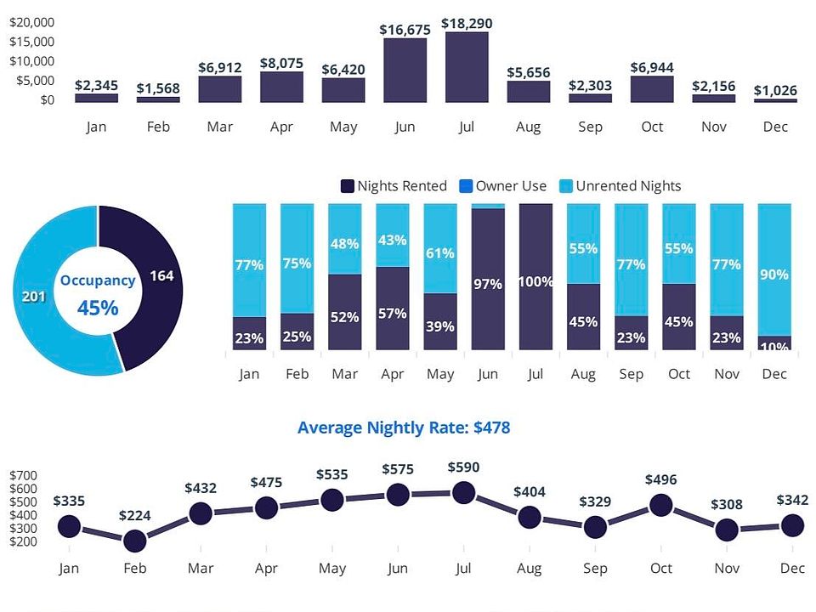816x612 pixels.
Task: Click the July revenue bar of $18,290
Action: point(467,67)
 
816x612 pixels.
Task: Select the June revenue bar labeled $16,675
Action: point(405,71)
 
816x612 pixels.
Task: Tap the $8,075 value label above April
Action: point(281,64)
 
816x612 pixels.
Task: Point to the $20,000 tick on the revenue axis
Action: point(31,22)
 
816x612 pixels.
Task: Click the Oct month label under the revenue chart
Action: point(652,127)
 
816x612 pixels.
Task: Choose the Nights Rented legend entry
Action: point(394,186)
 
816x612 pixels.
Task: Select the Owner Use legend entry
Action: point(503,186)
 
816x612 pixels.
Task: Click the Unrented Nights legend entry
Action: point(620,186)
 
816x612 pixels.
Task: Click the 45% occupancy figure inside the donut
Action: point(98,308)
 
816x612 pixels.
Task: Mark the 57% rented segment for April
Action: point(393,308)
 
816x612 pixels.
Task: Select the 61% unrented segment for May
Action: point(440,248)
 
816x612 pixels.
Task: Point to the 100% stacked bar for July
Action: point(536,277)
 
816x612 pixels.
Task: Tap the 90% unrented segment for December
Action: point(774,269)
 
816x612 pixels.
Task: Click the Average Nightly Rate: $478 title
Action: point(404,428)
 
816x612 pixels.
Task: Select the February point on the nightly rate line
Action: point(135,541)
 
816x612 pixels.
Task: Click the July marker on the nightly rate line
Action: point(464,492)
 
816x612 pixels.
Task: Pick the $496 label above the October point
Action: point(661,479)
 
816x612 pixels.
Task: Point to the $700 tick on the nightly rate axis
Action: point(24,475)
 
